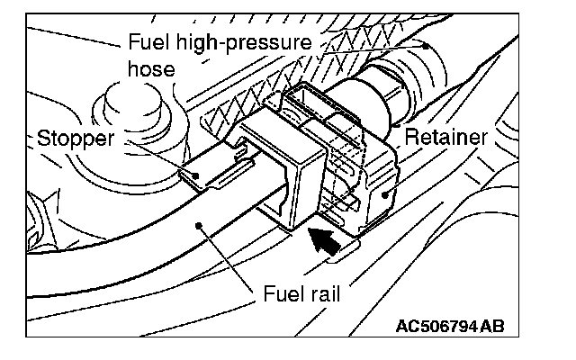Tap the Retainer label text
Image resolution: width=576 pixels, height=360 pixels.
click(445, 137)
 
